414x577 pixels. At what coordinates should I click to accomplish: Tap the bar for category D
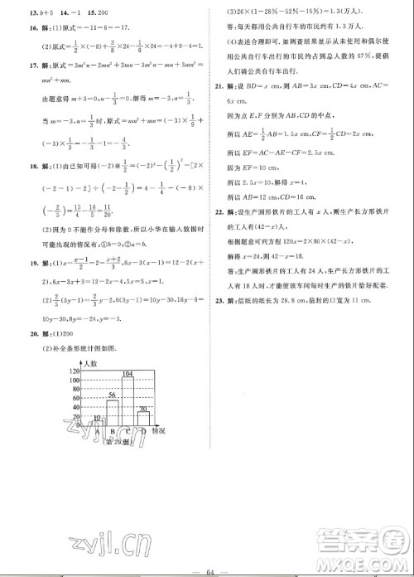(x=142, y=419)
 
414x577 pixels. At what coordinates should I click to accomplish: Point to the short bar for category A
(x=96, y=422)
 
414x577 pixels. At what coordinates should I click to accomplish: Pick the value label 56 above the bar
(x=111, y=396)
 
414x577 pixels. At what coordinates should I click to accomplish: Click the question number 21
(x=218, y=85)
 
